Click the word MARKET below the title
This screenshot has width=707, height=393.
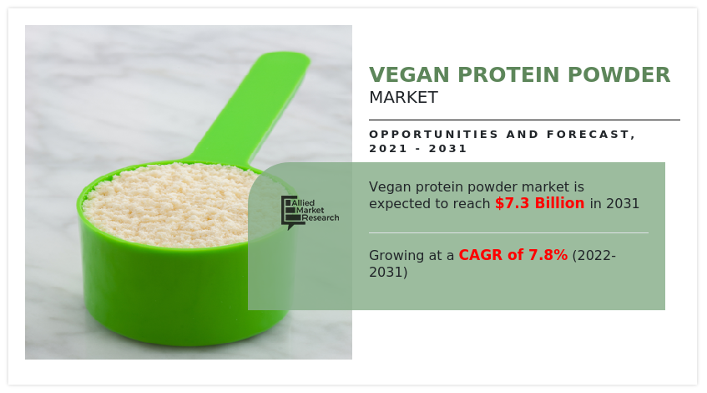coord(403,98)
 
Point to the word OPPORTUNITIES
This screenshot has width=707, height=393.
coord(434,134)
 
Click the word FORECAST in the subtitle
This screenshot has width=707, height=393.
coord(588,134)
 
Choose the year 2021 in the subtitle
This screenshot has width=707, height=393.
coord(388,149)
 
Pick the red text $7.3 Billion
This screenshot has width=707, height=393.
coord(540,203)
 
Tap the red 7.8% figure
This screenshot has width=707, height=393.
coord(548,255)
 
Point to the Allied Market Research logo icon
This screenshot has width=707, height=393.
coord(290,212)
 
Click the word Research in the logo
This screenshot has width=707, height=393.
coord(321,217)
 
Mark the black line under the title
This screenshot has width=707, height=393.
coord(524,120)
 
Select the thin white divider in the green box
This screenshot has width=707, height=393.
coord(508,233)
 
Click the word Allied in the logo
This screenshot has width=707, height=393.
coord(303,203)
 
